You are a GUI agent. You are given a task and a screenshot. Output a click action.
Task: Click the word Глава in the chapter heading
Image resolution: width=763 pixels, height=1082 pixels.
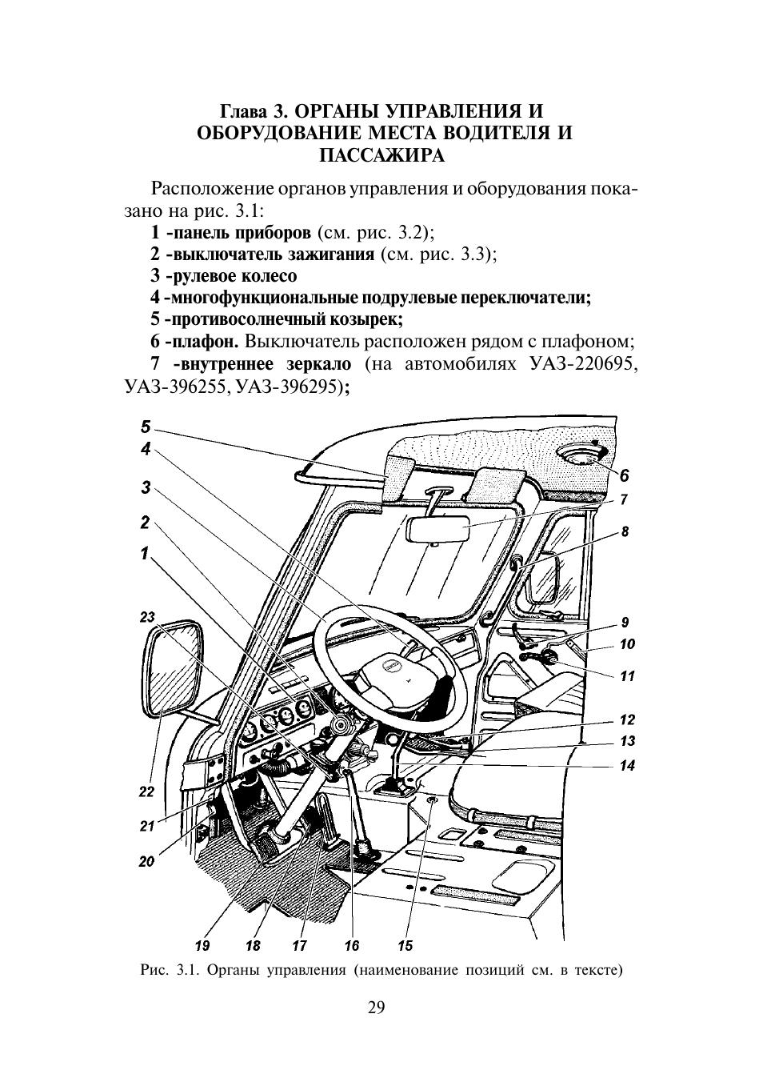point(245,110)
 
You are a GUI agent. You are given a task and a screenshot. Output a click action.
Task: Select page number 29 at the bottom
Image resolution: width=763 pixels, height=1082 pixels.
point(376,1007)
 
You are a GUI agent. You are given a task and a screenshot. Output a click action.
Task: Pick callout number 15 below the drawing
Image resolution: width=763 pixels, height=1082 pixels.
point(405,946)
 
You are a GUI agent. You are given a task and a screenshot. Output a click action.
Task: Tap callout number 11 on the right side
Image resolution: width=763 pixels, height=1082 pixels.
point(628,676)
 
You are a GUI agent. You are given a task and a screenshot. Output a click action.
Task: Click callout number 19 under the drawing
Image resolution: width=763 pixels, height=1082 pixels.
point(202,946)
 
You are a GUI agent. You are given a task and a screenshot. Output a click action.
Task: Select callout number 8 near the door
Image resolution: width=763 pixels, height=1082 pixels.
point(625,531)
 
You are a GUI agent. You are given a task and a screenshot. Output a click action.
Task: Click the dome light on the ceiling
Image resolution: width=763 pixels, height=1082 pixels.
point(586,455)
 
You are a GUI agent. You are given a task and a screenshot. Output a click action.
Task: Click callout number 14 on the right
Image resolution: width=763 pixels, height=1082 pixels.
point(627,766)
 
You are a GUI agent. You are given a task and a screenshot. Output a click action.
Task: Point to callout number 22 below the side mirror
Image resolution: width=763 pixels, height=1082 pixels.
point(146,792)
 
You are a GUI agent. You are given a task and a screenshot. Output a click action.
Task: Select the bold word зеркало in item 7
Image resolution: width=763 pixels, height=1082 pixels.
point(318,364)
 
